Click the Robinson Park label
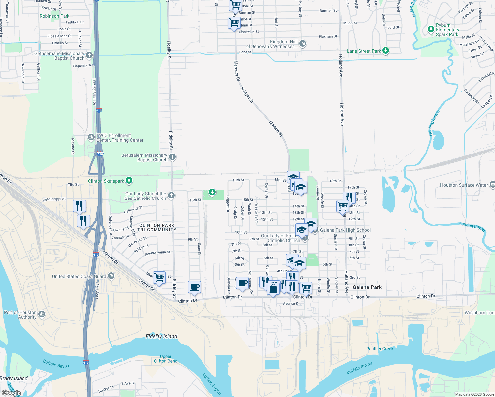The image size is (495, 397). tap(55, 16)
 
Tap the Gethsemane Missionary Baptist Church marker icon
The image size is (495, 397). tap(89, 55)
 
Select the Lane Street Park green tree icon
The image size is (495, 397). tap(385, 51)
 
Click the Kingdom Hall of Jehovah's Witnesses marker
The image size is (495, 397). tap(303, 43)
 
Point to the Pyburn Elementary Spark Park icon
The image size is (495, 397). tap(431, 29)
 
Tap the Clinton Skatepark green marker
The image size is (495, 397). tap(129, 181)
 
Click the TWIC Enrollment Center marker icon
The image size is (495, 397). tap(91, 137)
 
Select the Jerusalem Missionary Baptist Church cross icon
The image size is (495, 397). tap(172, 157)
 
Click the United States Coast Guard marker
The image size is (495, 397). tap(111, 276)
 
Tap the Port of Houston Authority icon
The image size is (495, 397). tap(41, 314)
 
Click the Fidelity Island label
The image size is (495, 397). tap(161, 336)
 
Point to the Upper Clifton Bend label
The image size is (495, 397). tap(165, 359)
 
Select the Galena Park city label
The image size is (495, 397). tap(367, 287)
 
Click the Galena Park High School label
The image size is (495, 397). tap(345, 230)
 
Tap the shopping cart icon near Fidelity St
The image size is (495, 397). tap(159, 277)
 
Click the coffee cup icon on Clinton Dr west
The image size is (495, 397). tap(194, 287)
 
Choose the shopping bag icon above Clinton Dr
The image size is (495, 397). tap(273, 289)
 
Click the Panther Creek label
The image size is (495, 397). tap(380, 349)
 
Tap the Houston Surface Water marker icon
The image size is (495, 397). tap(492, 184)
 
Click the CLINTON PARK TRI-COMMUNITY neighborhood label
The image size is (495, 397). tap(157, 227)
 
